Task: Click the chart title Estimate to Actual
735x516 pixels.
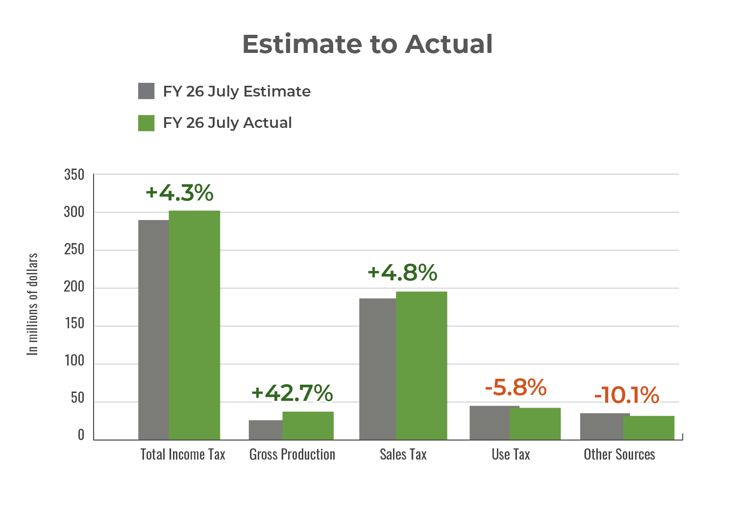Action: click(x=367, y=44)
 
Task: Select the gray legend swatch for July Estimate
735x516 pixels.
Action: click(x=147, y=91)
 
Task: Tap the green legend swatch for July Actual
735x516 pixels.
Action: click(x=147, y=123)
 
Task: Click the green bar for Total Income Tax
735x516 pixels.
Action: click(x=195, y=324)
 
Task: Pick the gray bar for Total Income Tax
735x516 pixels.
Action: click(x=153, y=329)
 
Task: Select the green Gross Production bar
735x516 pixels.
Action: click(x=308, y=425)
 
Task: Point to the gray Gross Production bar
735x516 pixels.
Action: click(x=265, y=430)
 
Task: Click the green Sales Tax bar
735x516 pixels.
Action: click(x=421, y=365)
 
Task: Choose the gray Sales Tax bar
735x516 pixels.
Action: click(x=377, y=369)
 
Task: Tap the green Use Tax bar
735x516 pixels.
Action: click(x=535, y=423)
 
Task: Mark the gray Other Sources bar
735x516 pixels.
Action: click(x=602, y=426)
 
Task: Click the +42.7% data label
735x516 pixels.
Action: click(x=292, y=393)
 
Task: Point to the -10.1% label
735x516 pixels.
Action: click(x=627, y=395)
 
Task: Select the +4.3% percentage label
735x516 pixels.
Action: click(x=179, y=193)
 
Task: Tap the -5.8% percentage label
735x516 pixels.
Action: click(x=515, y=387)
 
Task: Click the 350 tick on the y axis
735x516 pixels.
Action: click(x=74, y=175)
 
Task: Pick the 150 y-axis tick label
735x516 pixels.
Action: click(x=74, y=324)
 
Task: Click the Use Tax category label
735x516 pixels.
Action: click(x=511, y=454)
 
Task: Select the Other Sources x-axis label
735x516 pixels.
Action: click(x=619, y=454)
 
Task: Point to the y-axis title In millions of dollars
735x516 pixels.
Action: click(x=32, y=304)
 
